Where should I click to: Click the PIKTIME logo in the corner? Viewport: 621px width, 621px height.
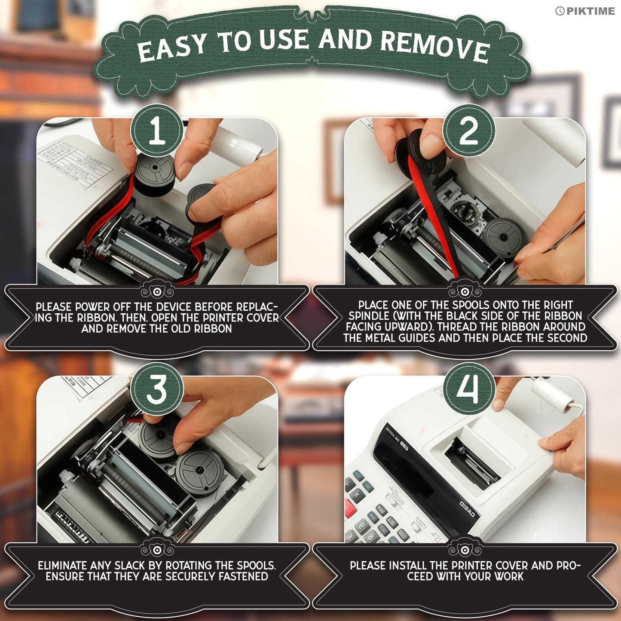coord(585,11)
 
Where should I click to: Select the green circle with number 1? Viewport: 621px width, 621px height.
coord(157,131)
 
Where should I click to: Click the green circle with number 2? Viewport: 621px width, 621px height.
coord(468,131)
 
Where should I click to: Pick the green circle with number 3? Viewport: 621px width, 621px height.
coord(157,389)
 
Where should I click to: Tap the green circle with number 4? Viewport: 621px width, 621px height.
coord(468,389)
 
